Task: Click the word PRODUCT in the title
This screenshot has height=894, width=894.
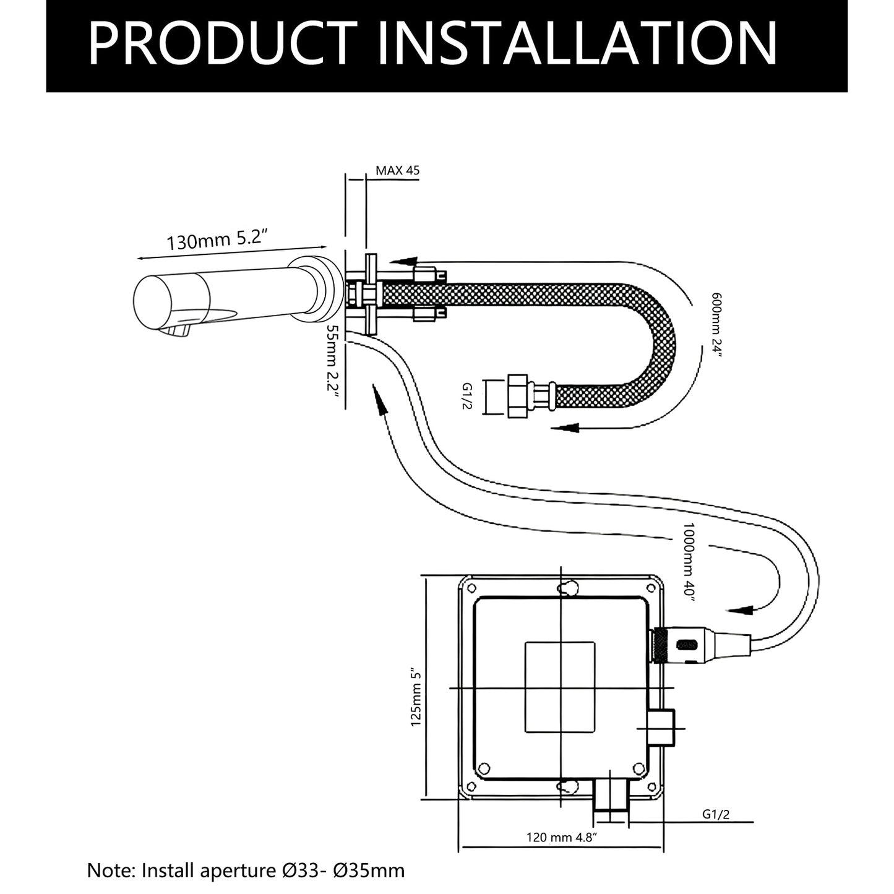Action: [x=221, y=43]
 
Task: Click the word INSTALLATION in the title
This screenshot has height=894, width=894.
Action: [x=578, y=43]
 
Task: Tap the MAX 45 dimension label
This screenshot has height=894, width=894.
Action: [x=398, y=170]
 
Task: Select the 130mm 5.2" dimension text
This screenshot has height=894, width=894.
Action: [x=218, y=240]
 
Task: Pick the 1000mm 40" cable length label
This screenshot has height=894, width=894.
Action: [x=690, y=562]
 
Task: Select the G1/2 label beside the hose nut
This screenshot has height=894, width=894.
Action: [x=466, y=396]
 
